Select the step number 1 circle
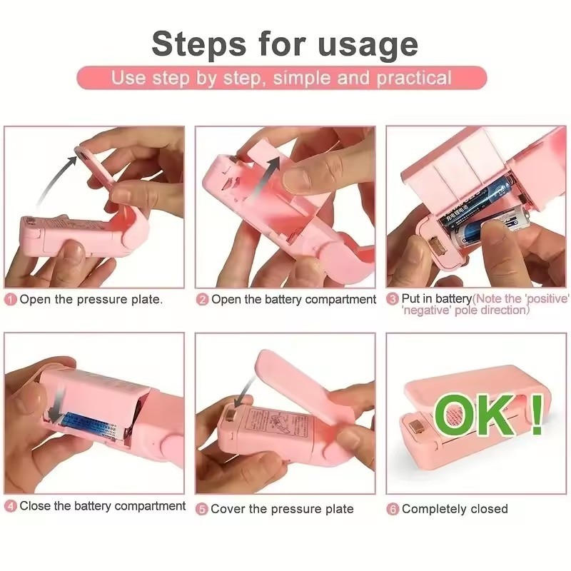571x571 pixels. click(11, 300)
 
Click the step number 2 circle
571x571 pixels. click(202, 300)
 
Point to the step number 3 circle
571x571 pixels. click(393, 298)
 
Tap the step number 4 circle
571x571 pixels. click(11, 507)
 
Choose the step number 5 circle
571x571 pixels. click(202, 509)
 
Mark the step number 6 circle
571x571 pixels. click(393, 509)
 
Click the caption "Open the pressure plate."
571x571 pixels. click(91, 300)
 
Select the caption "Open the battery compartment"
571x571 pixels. click(293, 300)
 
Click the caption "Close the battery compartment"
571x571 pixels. click(102, 506)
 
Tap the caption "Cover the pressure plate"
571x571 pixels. click(282, 509)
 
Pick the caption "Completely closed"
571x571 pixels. click(455, 509)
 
